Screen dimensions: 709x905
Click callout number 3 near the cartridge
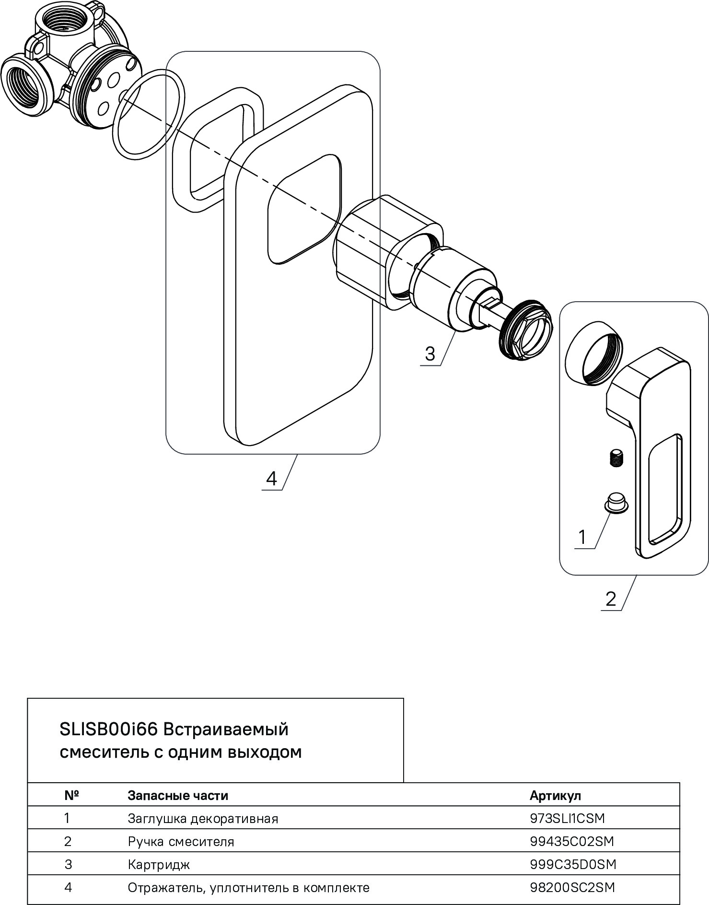430,354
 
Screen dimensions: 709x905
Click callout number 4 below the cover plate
271,478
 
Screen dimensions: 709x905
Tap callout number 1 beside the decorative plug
582,537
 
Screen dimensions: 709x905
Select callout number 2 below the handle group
610,599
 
